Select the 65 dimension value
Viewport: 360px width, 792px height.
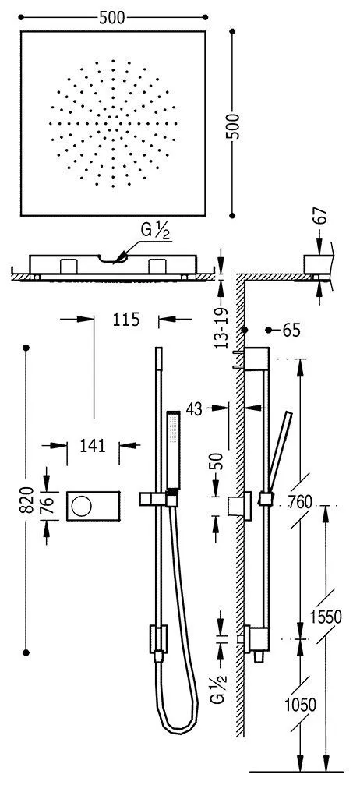[291, 331]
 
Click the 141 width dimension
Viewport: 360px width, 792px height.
[92, 446]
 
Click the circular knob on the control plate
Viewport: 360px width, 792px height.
[80, 507]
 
